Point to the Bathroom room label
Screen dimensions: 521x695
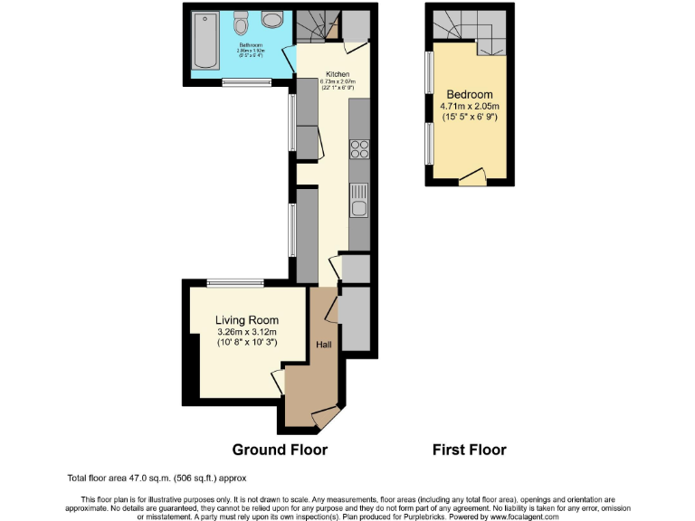pyautogui.click(x=250, y=44)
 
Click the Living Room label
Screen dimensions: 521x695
pyautogui.click(x=246, y=320)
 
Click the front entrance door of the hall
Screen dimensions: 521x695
pyautogui.click(x=324, y=417)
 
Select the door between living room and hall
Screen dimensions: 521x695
pyautogui.click(x=279, y=381)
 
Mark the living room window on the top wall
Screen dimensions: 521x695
pyautogui.click(x=235, y=283)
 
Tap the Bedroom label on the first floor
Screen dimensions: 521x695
pyautogui.click(x=469, y=95)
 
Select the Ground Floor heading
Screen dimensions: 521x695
pyautogui.click(x=280, y=450)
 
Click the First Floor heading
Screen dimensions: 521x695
pyautogui.click(x=469, y=450)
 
